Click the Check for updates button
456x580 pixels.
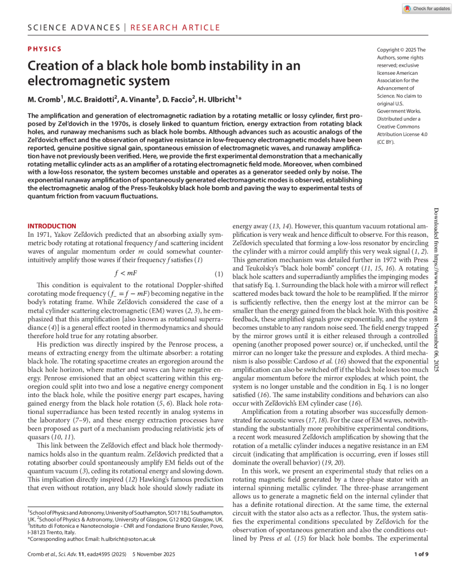pos(427,8)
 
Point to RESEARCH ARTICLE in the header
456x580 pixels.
pos(175,27)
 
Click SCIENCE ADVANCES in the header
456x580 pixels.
pos(73,27)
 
